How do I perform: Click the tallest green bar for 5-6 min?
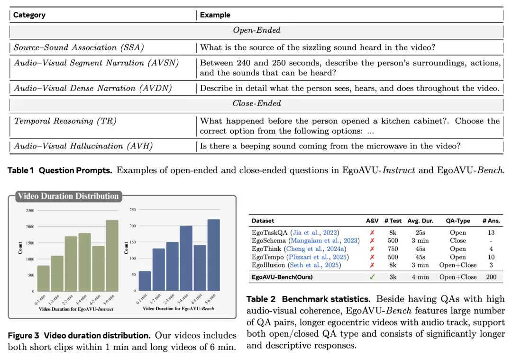(x=112, y=256)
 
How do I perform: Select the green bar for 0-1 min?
(x=43, y=278)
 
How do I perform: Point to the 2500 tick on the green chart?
(x=29, y=210)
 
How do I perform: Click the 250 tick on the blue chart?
(x=133, y=210)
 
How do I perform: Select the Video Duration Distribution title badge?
(x=68, y=196)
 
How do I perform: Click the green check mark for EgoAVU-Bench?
(x=372, y=277)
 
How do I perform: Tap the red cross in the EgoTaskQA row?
(x=372, y=232)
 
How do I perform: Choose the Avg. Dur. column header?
(x=420, y=221)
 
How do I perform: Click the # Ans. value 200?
(x=491, y=277)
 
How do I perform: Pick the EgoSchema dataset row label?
(x=269, y=240)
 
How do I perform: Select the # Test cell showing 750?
(x=393, y=249)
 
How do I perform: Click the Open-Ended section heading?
(x=256, y=30)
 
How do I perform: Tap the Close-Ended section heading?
(x=256, y=103)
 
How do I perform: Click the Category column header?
(x=29, y=15)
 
